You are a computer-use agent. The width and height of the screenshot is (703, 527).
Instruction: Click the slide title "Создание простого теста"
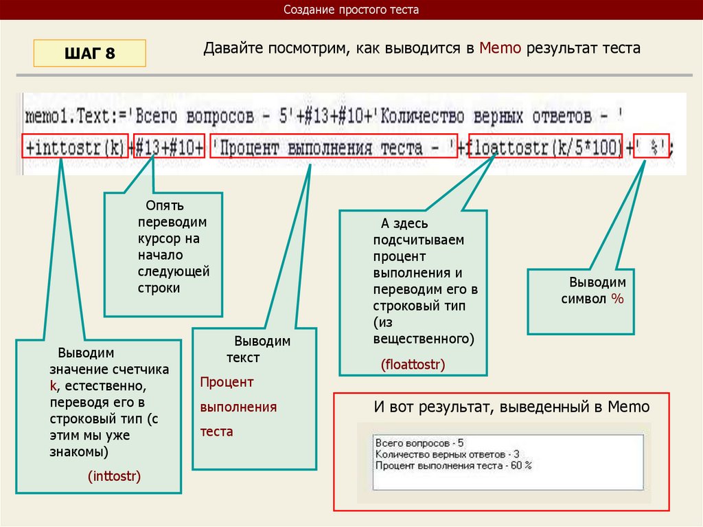tap(351, 10)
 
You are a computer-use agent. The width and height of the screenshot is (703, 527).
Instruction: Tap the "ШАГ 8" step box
tap(89, 53)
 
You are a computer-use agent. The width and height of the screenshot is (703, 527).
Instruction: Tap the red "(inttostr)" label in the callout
tap(114, 475)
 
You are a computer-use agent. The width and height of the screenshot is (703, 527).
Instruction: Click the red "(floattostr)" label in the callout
tap(413, 364)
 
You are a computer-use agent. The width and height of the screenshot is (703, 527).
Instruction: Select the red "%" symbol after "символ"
tap(618, 299)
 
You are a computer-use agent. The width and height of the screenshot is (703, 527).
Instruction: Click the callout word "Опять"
tap(164, 206)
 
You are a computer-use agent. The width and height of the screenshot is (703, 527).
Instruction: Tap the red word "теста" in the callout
tap(216, 431)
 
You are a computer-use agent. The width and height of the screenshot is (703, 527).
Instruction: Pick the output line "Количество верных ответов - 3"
tap(447, 454)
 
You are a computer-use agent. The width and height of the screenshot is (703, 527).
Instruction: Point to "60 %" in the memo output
tap(520, 465)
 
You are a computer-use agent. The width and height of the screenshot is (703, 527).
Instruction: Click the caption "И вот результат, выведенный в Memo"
tap(511, 407)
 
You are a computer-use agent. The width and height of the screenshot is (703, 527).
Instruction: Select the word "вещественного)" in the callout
tap(424, 339)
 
